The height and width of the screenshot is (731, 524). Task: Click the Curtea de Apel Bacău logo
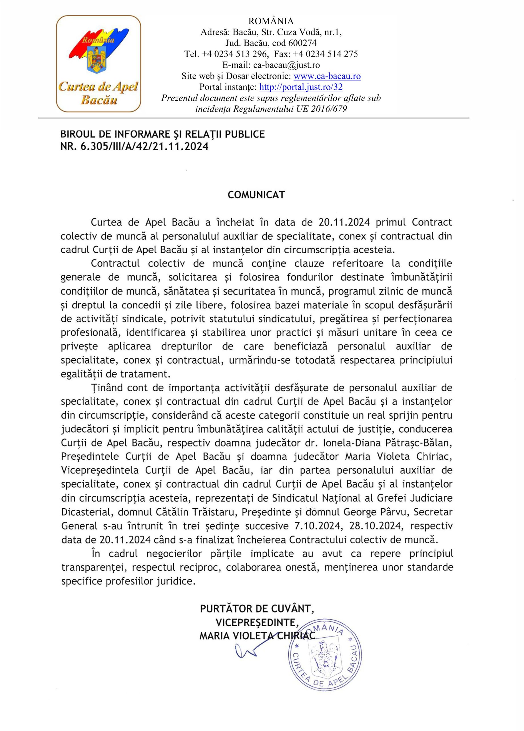click(98, 63)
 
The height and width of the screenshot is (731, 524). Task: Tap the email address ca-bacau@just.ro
click(286, 65)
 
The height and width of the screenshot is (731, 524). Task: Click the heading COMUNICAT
click(256, 195)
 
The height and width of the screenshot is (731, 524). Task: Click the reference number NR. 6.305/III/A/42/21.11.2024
click(134, 147)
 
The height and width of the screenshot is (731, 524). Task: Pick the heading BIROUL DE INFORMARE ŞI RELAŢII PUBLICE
click(162, 134)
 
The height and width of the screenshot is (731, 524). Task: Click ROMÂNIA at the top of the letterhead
click(271, 21)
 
